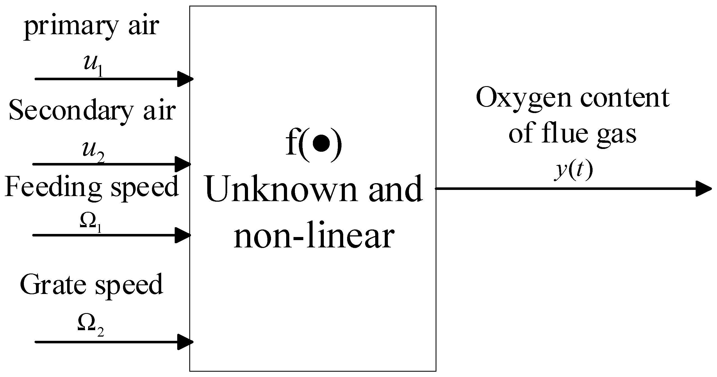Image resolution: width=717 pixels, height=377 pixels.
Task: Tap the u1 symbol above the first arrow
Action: (x=93, y=67)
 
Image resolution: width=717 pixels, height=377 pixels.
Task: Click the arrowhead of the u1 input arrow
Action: (x=185, y=79)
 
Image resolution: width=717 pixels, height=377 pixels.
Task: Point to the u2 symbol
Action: (x=93, y=153)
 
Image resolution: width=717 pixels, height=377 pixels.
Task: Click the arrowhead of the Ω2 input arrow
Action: (x=185, y=342)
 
